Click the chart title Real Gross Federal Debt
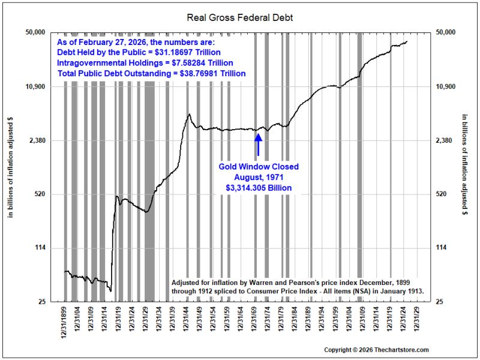coord(239,17)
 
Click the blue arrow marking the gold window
coord(258,144)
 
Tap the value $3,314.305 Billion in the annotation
coord(259,188)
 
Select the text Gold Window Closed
coord(259,167)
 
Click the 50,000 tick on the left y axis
coord(35,32)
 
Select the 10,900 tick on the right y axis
coord(445,86)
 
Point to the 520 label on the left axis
coord(40,194)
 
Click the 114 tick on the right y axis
coord(440,248)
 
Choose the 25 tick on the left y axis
coord(41,302)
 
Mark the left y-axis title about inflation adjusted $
coord(11,167)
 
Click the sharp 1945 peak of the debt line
coord(190,114)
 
